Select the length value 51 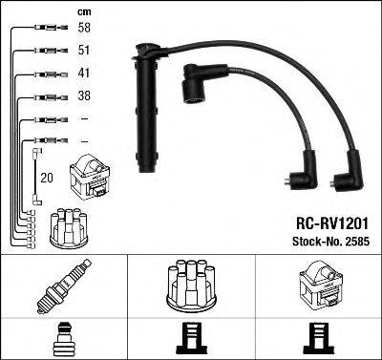pos(83,52)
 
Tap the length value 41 pos(83,74)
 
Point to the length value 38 pos(83,95)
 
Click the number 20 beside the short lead pos(45,176)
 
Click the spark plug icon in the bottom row pos(61,286)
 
